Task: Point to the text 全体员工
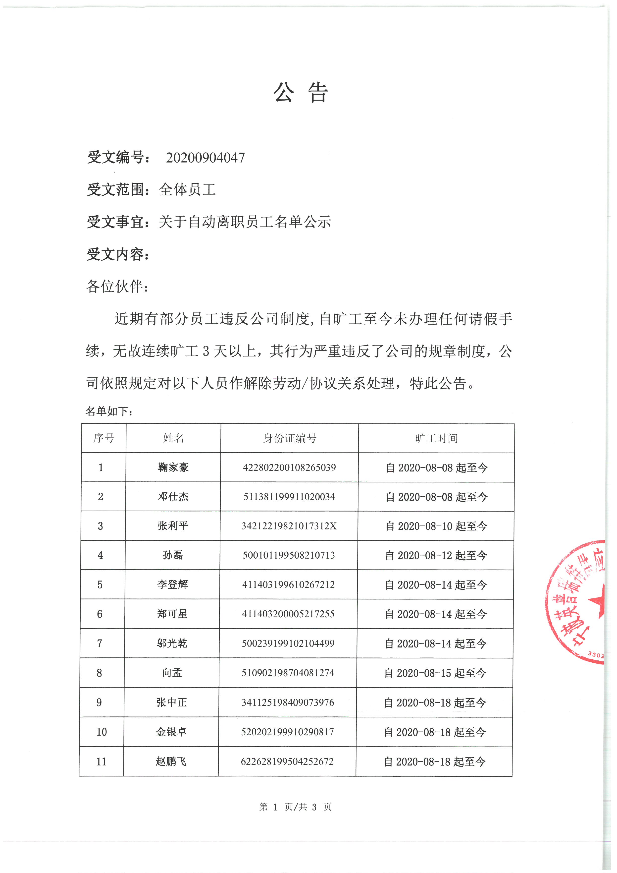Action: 187,189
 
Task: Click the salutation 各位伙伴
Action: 117,286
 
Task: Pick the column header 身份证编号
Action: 290,438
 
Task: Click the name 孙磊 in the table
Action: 173,555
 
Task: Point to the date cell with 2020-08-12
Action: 436,556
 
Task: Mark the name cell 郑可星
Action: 172,614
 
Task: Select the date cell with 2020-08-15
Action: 435,673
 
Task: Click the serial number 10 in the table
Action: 102,732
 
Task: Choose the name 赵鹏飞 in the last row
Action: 171,761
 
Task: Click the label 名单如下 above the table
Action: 109,411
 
